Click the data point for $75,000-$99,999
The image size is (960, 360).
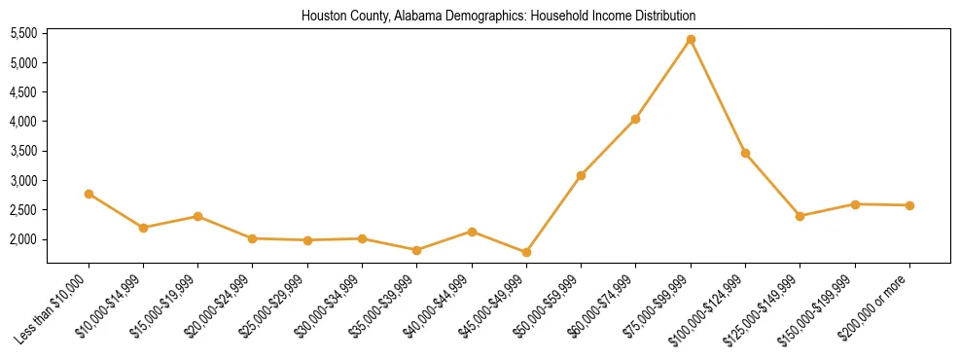click(691, 40)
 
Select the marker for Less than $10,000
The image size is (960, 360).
click(89, 194)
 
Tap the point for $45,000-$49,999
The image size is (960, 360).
click(526, 252)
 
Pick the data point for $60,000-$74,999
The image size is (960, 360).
click(635, 119)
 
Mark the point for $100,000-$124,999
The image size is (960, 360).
click(745, 153)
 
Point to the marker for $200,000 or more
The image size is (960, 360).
click(909, 205)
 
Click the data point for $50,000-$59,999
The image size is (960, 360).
click(581, 175)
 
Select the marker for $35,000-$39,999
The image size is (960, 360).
click(417, 250)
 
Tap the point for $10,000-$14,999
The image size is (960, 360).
click(143, 228)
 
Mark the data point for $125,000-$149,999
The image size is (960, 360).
click(800, 216)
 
